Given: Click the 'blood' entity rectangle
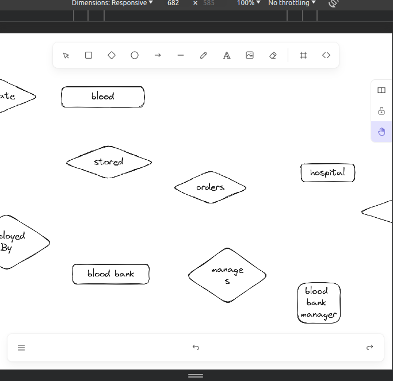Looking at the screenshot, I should [x=103, y=97].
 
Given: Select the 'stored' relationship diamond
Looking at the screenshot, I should [x=109, y=162].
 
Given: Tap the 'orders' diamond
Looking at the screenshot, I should [x=210, y=187].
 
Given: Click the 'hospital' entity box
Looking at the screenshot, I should [x=327, y=172].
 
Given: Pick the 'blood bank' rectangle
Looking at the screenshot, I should [x=110, y=274].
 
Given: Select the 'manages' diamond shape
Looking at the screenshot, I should [x=227, y=275].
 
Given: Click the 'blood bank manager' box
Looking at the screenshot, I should [x=319, y=303].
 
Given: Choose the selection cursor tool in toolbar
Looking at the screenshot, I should [x=66, y=55].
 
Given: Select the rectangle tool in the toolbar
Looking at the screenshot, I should [x=89, y=55].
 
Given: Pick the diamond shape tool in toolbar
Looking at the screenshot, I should [x=112, y=55].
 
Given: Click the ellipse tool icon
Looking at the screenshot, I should [x=135, y=55].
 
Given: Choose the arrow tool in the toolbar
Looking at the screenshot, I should [x=158, y=55].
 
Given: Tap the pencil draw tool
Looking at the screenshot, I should [x=204, y=55].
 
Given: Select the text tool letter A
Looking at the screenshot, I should [x=227, y=55].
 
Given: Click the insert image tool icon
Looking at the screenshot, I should [x=250, y=55].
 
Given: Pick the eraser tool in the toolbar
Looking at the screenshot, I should [x=273, y=55].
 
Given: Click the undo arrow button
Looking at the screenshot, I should [x=196, y=347].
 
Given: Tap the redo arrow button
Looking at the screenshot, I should [x=369, y=347].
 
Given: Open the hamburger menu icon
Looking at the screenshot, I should [x=21, y=347].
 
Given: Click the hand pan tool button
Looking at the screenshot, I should [x=381, y=132].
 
